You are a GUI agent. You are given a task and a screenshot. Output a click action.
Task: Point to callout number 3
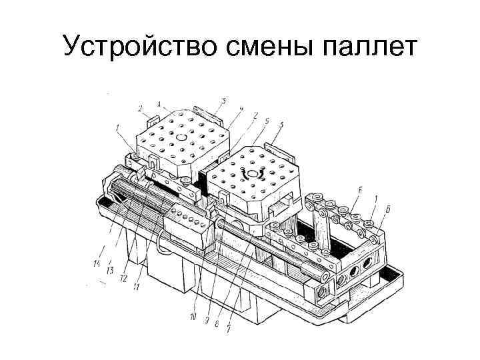pyautogui.click(x=223, y=101)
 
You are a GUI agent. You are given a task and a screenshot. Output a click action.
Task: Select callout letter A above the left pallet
pyautogui.click(x=159, y=103)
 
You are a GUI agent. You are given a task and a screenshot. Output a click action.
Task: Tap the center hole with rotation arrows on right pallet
pyautogui.click(x=253, y=174)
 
